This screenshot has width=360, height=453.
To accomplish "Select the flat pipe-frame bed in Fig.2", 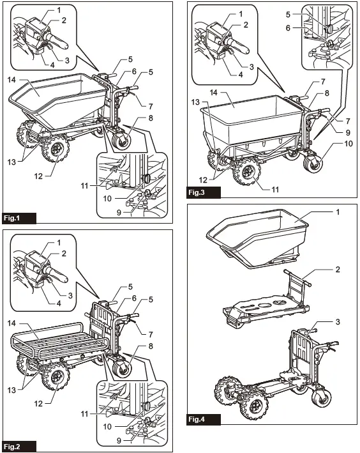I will [x=57, y=345].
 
